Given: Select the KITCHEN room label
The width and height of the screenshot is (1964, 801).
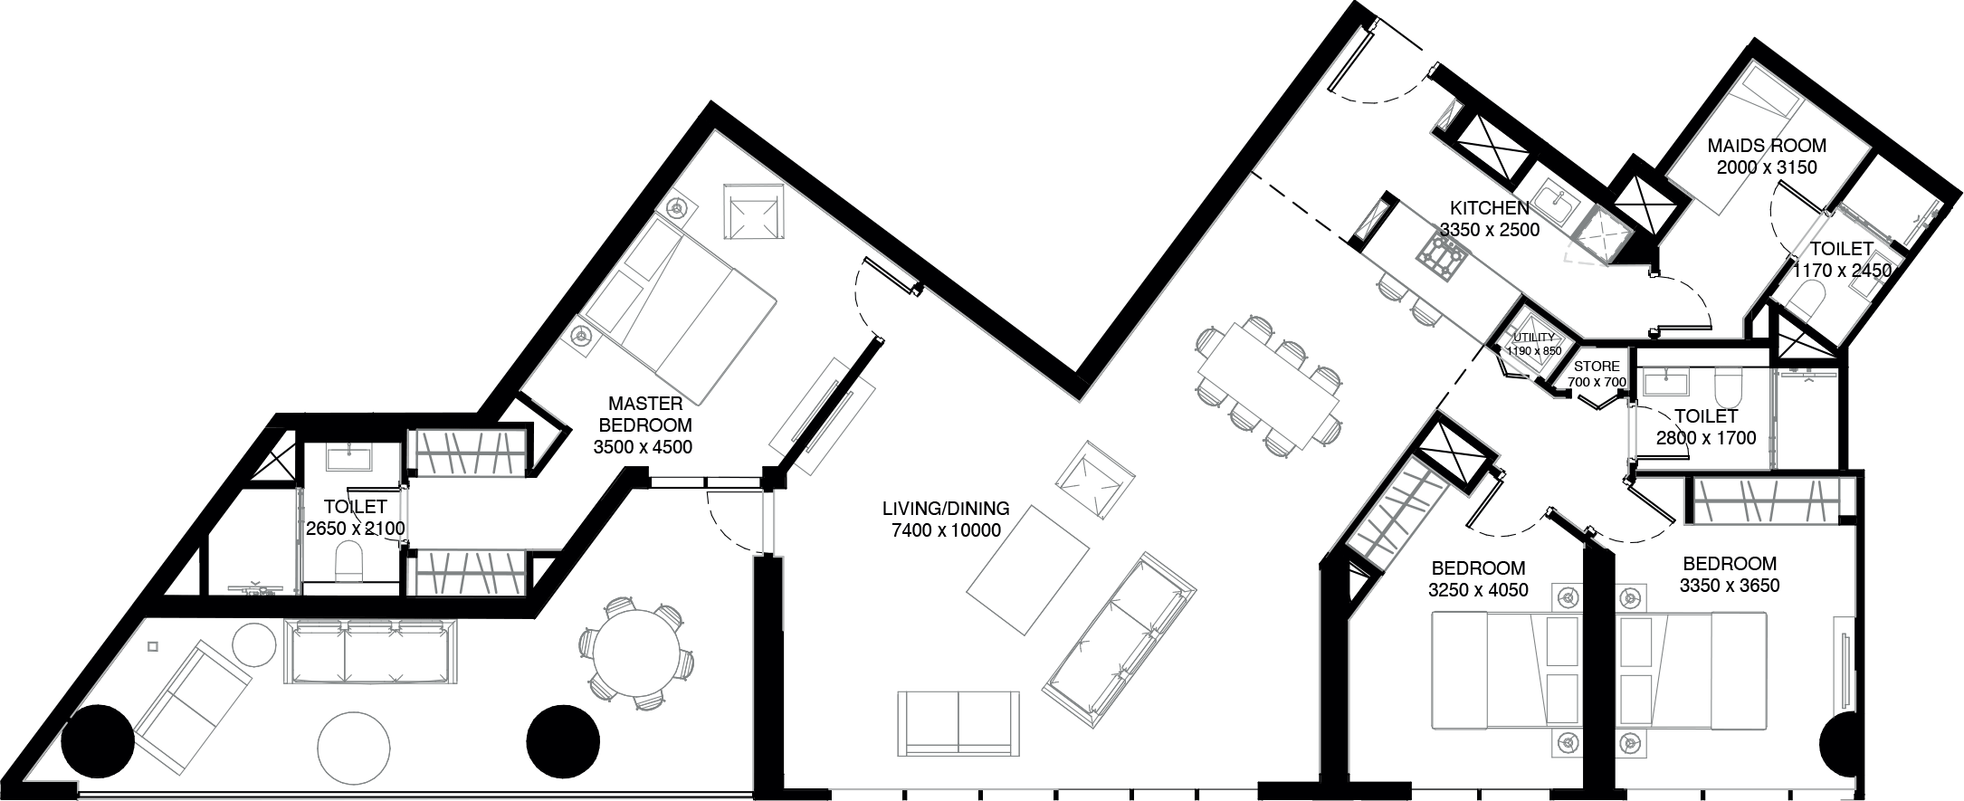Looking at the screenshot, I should pos(1489,209).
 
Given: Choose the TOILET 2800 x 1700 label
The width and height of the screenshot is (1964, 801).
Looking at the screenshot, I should pos(1705,427).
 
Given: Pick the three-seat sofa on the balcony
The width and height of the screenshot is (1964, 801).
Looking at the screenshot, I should pos(367,652).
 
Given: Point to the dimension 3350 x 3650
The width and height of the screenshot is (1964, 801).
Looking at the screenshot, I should pos(1729,586).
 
